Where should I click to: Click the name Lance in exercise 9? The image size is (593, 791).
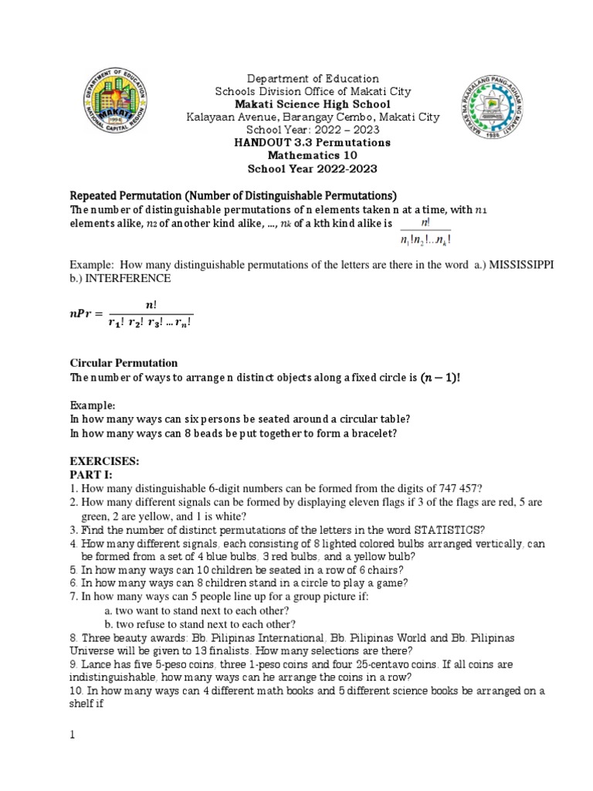[97, 664]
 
